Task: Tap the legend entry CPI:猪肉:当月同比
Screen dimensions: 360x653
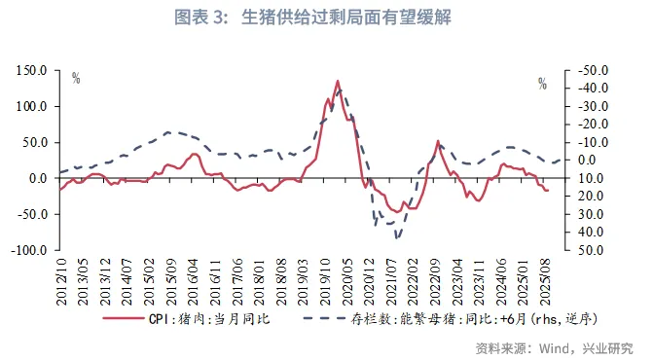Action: pos(201,318)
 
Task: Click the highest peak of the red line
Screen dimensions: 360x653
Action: pos(338,82)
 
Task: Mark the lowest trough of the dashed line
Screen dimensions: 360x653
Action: pos(396,236)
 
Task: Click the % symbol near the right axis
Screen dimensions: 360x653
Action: pos(542,84)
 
